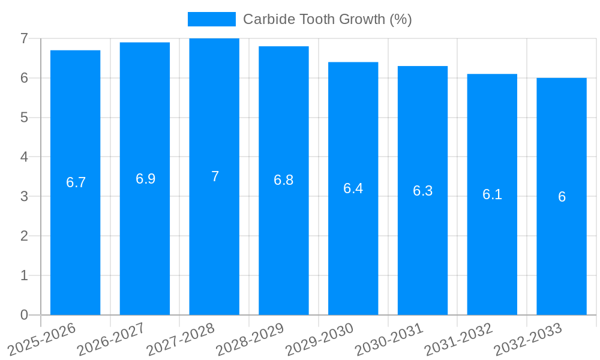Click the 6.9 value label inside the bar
pyautogui.click(x=145, y=179)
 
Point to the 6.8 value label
pyautogui.click(x=283, y=180)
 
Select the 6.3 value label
pyautogui.click(x=422, y=191)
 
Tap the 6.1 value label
pyautogui.click(x=492, y=194)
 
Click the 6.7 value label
pyautogui.click(x=76, y=182)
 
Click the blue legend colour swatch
pyautogui.click(x=211, y=19)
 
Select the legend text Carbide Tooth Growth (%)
pyautogui.click(x=327, y=19)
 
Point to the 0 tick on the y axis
pyautogui.click(x=24, y=315)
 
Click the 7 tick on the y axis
pyautogui.click(x=24, y=38)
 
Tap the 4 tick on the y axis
pyautogui.click(x=24, y=157)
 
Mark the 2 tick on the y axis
pyautogui.click(x=24, y=236)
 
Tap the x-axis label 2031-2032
pyautogui.click(x=459, y=340)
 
